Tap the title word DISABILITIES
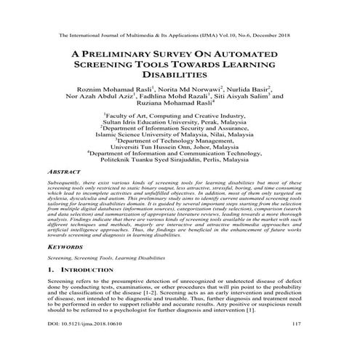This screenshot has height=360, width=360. coord(180,75)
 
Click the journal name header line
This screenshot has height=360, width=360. coord(179,34)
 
